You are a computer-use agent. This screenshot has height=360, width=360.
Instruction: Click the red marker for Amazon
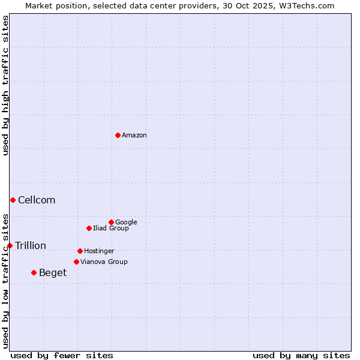coord(118,135)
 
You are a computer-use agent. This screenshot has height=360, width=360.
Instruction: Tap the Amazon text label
coord(134,136)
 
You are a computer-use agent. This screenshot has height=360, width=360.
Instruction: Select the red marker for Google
coord(111,222)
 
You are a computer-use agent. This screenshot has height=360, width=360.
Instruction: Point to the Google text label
coord(126,223)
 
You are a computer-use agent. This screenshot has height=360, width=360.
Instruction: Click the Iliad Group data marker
coord(89,228)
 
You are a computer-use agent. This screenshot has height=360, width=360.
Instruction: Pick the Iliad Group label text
coord(111,229)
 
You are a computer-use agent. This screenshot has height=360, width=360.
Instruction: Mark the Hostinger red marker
coord(80,251)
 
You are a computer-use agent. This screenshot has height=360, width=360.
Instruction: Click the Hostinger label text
coord(99,251)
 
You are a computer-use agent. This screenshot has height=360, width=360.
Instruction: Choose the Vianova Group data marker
coord(76,262)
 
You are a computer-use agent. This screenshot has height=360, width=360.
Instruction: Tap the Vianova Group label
coord(104,262)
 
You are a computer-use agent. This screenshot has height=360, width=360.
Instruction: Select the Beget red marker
coord(34,272)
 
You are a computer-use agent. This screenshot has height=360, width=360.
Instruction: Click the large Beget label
coord(53,273)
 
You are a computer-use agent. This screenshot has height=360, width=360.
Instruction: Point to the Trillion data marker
coord(10,245)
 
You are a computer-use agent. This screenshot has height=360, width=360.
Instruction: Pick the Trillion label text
coord(31,246)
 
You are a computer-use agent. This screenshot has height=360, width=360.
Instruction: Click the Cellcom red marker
coord(13,200)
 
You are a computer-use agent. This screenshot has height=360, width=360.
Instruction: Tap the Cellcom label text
coord(37,200)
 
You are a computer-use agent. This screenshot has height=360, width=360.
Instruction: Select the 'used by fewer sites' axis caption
coord(62,355)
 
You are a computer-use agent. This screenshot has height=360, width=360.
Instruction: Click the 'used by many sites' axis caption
coord(301,355)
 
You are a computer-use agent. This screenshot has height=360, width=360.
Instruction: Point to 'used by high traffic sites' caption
coord(5,85)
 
